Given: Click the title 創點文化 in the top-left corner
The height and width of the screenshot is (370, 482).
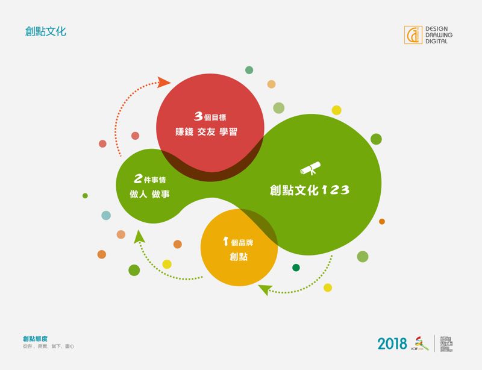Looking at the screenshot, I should [x=46, y=31].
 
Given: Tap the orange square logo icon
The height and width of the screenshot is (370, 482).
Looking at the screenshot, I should [x=413, y=34].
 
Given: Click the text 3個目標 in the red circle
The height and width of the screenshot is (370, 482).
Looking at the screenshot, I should [x=210, y=116].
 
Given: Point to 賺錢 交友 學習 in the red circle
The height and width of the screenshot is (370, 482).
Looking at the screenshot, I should [x=210, y=131].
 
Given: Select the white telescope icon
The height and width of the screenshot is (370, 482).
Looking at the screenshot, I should [x=310, y=169].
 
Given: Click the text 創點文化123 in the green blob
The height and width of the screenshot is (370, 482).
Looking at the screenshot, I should [x=309, y=190].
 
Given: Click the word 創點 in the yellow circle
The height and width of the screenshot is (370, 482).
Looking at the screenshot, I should [x=239, y=257].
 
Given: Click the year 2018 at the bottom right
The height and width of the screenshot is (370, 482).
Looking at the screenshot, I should [x=392, y=343].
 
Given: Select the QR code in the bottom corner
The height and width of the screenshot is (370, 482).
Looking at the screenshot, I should [x=446, y=343].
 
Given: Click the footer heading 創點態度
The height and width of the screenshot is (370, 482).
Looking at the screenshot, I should [x=35, y=339].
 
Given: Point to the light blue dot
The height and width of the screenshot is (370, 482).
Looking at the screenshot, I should [x=106, y=215].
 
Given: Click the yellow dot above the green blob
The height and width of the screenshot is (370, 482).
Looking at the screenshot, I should [x=336, y=110].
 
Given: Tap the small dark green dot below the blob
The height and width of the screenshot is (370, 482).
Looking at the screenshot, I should [x=296, y=268].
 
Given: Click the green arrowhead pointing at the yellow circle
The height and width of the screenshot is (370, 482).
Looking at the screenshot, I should [x=263, y=290].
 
